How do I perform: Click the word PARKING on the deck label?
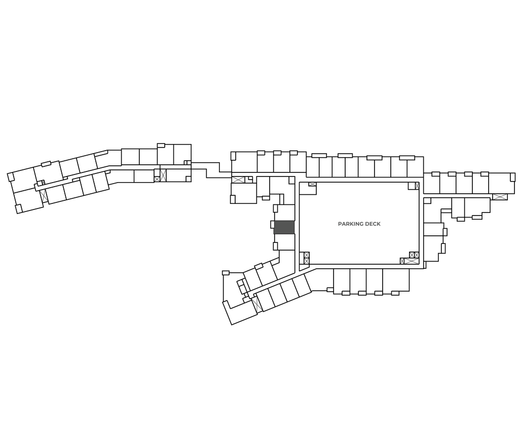349,224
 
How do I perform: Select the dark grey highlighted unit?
284,227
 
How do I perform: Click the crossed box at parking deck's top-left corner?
312,184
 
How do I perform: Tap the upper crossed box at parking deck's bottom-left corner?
306,255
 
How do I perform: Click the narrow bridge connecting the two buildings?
205,167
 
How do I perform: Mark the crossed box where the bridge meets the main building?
238,179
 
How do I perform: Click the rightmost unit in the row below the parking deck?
395,280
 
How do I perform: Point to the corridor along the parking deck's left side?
297,223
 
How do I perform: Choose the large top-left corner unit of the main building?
244,162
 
